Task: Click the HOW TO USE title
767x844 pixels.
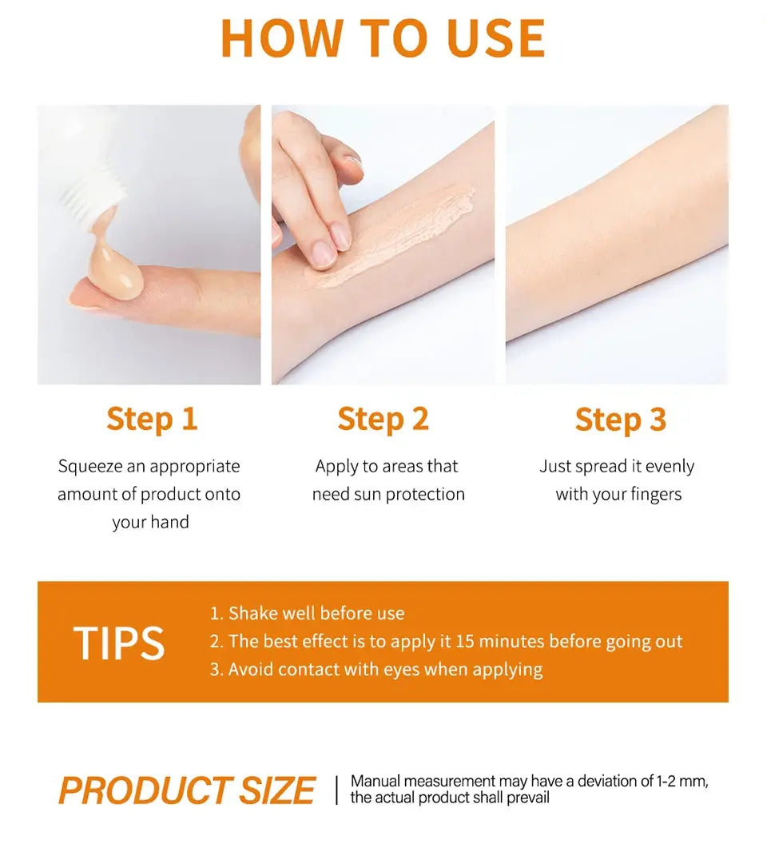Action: pyautogui.click(x=383, y=38)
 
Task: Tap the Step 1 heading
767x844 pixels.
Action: pyautogui.click(x=151, y=419)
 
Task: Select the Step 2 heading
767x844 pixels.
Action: pyautogui.click(x=383, y=419)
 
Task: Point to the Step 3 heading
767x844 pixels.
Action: pyautogui.click(x=620, y=419)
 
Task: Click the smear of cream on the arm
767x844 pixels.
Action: pyautogui.click(x=399, y=232)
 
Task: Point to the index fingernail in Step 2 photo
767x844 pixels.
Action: pyautogui.click(x=323, y=254)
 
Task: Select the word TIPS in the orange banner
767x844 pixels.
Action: pyautogui.click(x=119, y=643)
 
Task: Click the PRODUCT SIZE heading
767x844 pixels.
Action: pyautogui.click(x=187, y=790)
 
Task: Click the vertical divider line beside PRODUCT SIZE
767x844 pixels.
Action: pyautogui.click(x=336, y=790)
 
